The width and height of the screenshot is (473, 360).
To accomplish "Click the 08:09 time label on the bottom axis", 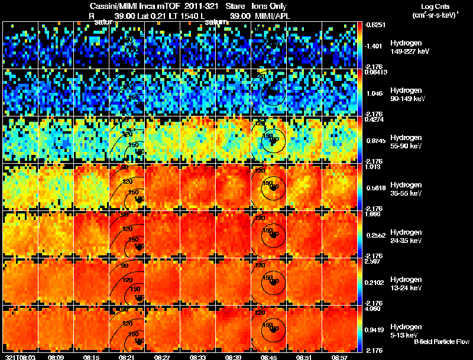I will pos(56,357).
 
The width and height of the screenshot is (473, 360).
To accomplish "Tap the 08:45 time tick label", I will pos(269,357).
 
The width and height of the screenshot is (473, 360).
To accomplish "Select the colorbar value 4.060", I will pos(376,309).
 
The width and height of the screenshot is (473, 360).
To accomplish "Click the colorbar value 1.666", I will pos(376,215).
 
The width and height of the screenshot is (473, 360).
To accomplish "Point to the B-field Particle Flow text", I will pos(442,342).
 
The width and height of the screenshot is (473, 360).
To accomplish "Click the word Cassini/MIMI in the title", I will pos(114,6).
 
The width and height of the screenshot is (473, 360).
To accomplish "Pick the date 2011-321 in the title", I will pos(192,6).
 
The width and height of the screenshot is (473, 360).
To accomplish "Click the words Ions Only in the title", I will pos(268,6).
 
